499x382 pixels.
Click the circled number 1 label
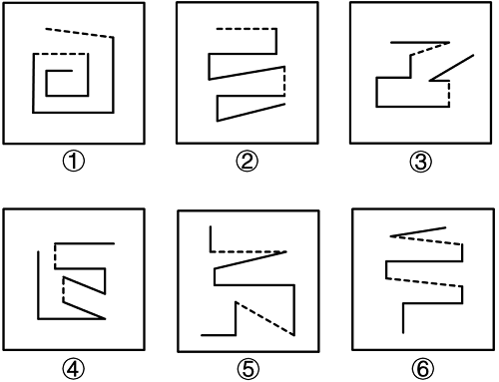(x=74, y=162)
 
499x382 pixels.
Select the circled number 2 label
(x=247, y=162)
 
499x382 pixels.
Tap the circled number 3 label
(x=420, y=162)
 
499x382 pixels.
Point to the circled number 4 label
(x=74, y=368)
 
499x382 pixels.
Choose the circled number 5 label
(x=249, y=368)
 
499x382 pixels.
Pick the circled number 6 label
(x=422, y=368)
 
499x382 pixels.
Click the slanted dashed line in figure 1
(x=80, y=33)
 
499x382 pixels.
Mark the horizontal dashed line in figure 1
(x=61, y=54)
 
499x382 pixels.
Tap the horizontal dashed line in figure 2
(x=247, y=29)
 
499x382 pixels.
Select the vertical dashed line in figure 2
(x=284, y=81)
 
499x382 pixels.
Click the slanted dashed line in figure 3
(x=430, y=49)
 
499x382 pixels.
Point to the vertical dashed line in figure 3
(x=449, y=94)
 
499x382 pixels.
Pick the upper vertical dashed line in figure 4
(x=56, y=255)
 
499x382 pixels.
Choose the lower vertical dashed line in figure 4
(x=63, y=289)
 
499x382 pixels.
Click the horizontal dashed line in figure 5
(x=249, y=252)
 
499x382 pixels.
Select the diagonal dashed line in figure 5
(x=264, y=318)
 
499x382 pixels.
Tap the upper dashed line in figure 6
(x=426, y=240)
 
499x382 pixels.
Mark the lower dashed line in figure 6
(x=424, y=282)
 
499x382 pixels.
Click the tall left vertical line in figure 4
(x=38, y=285)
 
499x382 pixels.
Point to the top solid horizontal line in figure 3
(x=420, y=43)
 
